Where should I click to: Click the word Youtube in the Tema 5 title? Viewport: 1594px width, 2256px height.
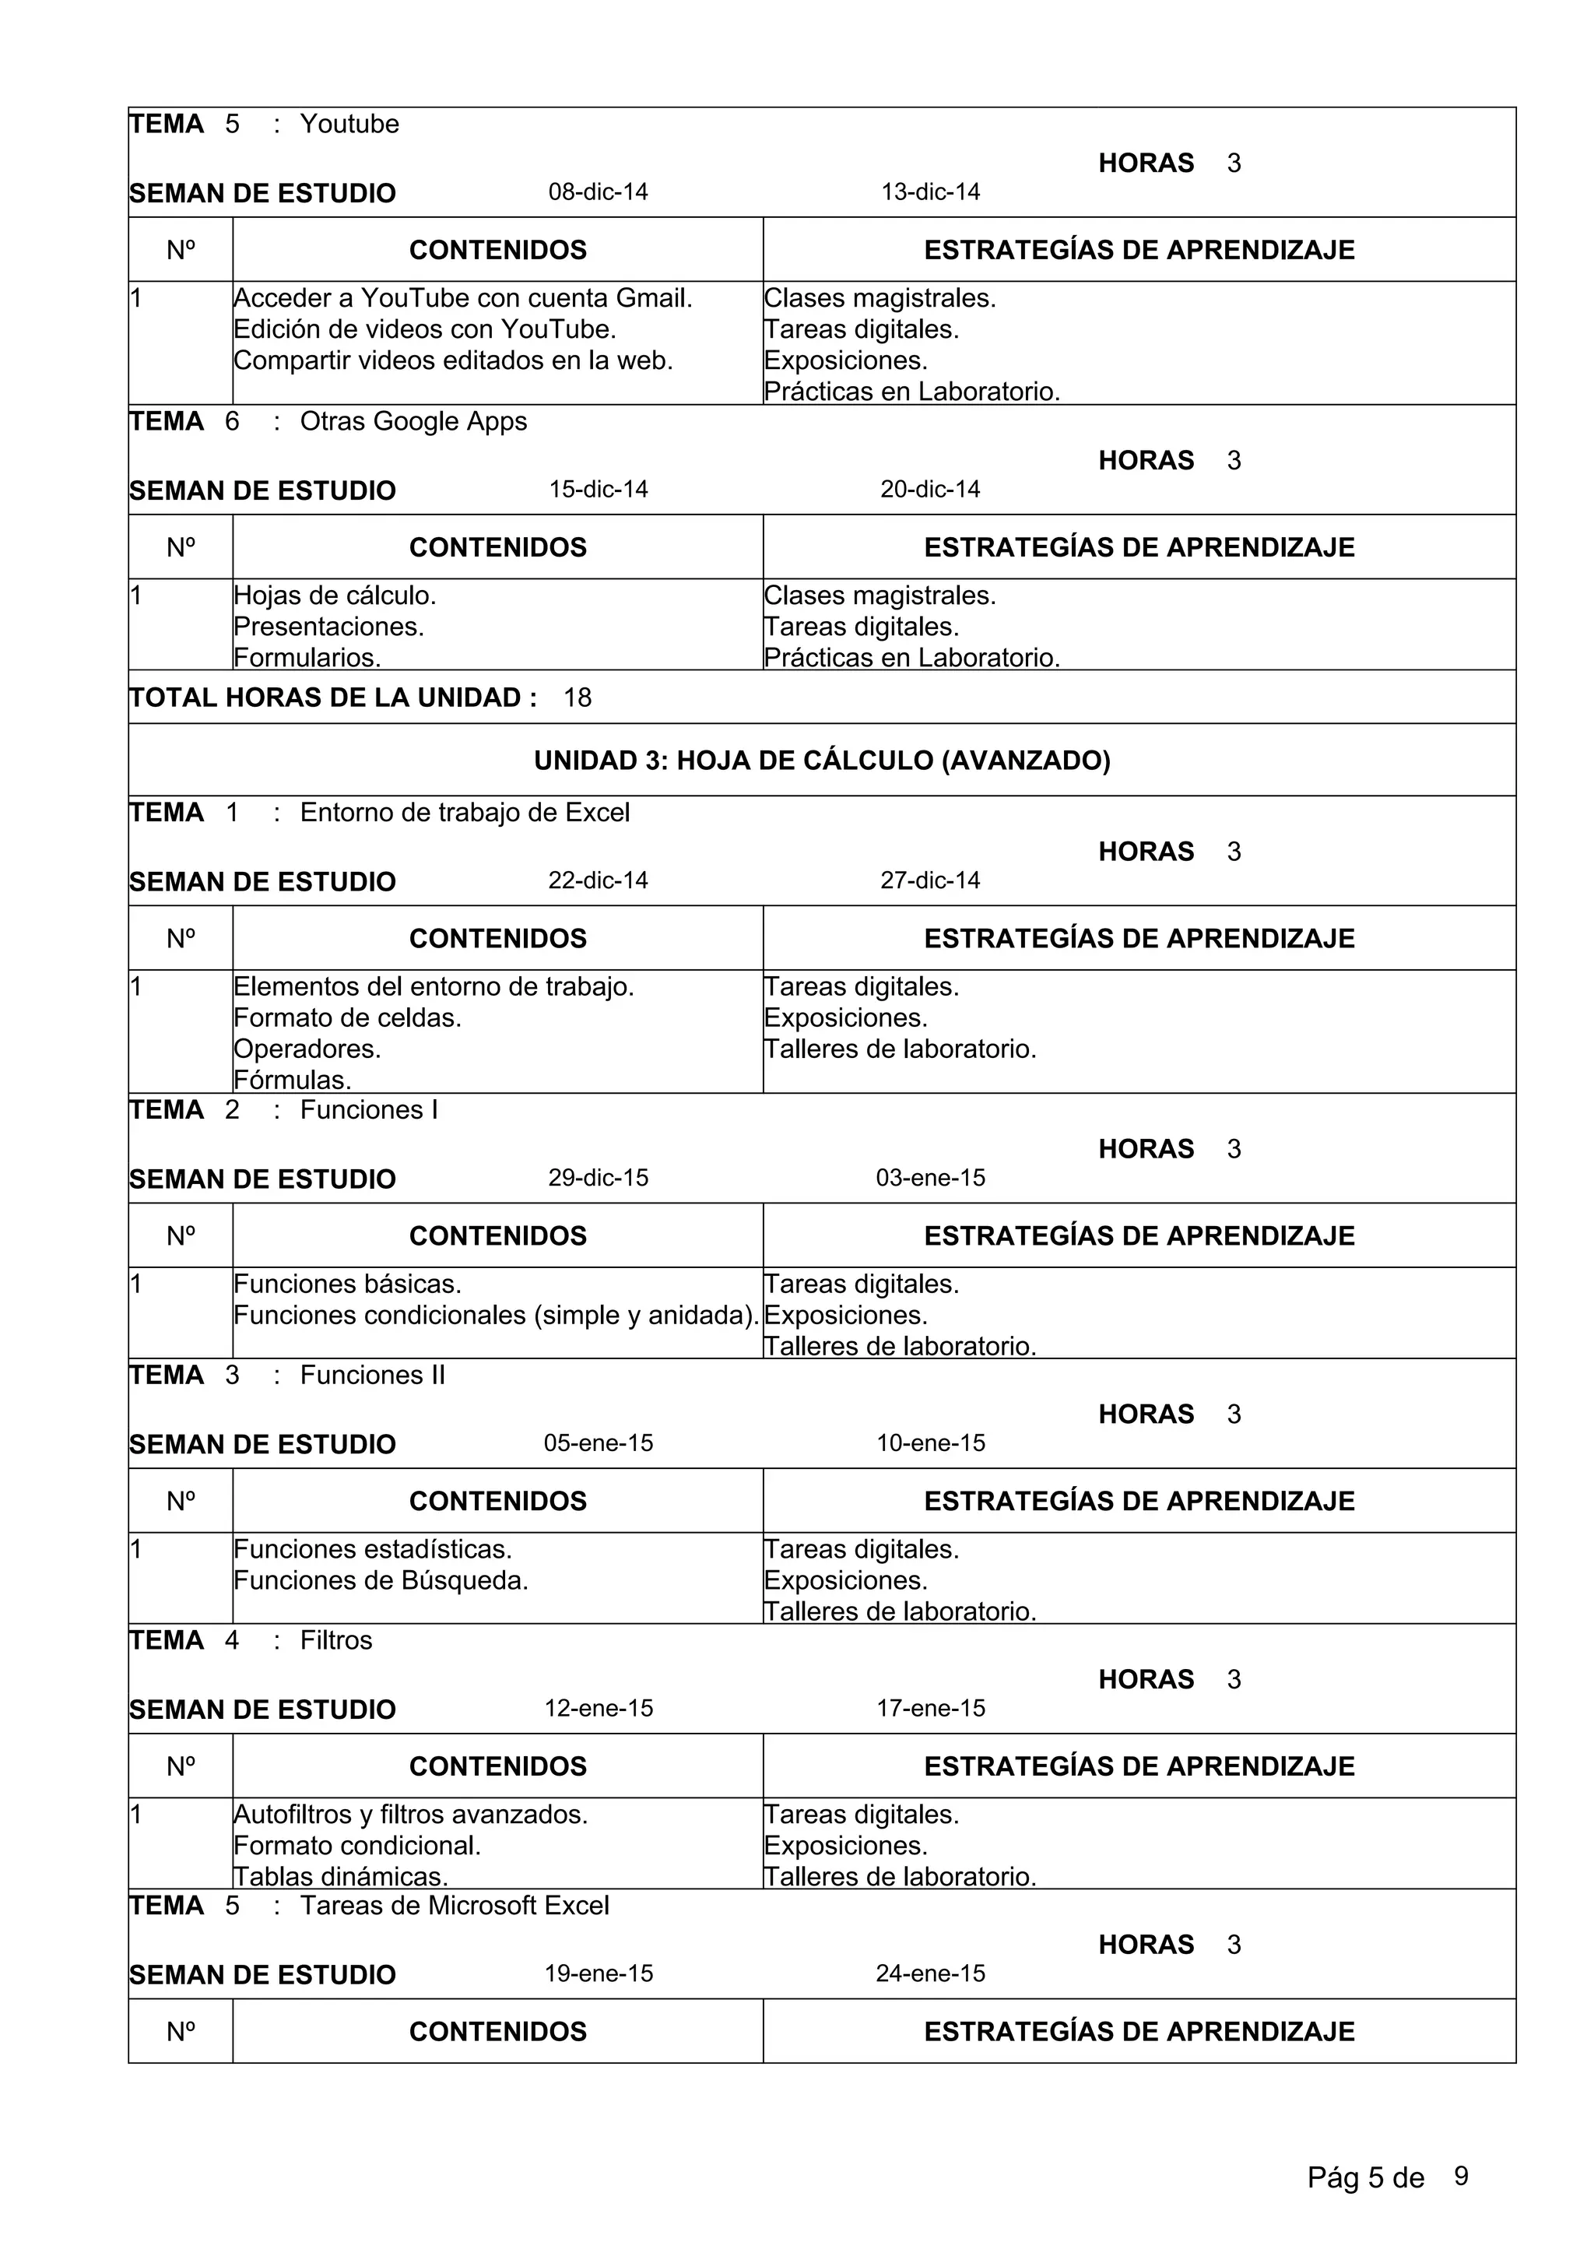pyautogui.click(x=349, y=124)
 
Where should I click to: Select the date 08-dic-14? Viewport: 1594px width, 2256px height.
pyautogui.click(x=597, y=192)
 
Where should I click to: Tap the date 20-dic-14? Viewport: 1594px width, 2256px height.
pyautogui.click(x=929, y=490)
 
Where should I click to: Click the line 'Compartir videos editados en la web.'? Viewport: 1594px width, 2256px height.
pyautogui.click(x=453, y=360)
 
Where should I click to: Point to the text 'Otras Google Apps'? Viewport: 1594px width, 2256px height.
pyautogui.click(x=413, y=421)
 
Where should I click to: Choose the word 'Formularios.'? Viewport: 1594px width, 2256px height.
pyautogui.click(x=307, y=657)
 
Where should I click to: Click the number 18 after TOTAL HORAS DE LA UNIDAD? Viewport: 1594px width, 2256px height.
pyautogui.click(x=577, y=698)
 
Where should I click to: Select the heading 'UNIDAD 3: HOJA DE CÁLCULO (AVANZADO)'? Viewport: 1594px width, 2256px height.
pyautogui.click(x=821, y=761)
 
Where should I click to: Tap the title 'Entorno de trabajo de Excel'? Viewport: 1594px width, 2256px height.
pyautogui.click(x=464, y=813)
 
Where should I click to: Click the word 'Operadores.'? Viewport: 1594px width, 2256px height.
pyautogui.click(x=307, y=1049)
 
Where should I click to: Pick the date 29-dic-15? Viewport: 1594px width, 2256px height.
pyautogui.click(x=597, y=1178)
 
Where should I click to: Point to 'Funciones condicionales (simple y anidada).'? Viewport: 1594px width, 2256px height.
pyautogui.click(x=496, y=1316)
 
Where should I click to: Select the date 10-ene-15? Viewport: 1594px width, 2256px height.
pyautogui.click(x=930, y=1443)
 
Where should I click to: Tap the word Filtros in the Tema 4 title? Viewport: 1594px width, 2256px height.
pyautogui.click(x=336, y=1641)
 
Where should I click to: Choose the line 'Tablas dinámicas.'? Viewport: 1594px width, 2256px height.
pyautogui.click(x=340, y=1877)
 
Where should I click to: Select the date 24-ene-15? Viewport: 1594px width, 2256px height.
pyautogui.click(x=930, y=1974)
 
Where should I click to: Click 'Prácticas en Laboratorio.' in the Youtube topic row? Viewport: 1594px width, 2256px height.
pyautogui.click(x=911, y=392)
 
